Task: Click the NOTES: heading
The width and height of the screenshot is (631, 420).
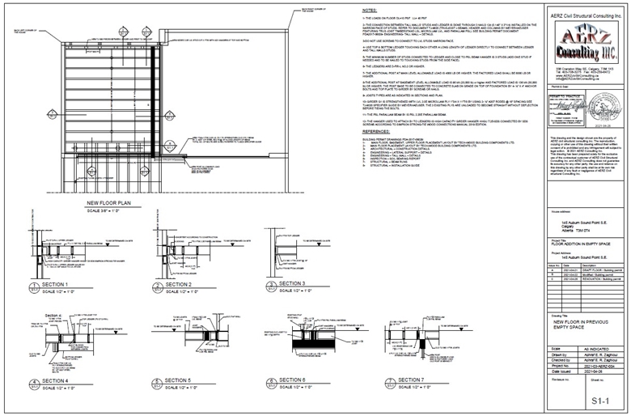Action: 370,12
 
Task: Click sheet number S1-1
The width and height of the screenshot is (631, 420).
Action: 599,400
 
